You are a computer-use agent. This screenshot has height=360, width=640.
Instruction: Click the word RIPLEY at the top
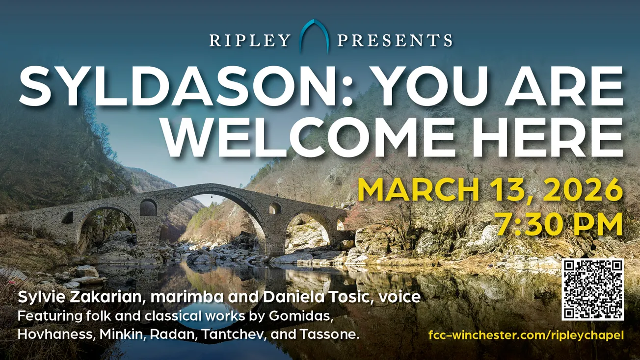[x=250, y=40]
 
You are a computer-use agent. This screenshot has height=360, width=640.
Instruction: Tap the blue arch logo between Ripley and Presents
[x=314, y=36]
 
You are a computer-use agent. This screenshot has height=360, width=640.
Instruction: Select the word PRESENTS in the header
[x=395, y=40]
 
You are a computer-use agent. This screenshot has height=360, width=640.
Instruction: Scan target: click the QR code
[x=593, y=289]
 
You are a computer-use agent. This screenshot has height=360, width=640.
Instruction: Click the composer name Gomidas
[x=302, y=316]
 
